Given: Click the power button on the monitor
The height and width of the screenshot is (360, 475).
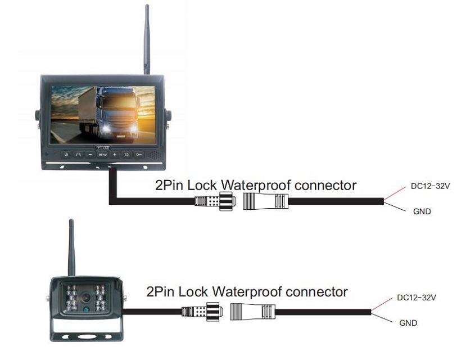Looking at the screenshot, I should [66, 154].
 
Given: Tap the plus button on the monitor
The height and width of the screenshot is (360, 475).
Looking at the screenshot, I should [115, 154].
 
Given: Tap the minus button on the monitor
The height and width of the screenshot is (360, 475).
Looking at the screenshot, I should [90, 154].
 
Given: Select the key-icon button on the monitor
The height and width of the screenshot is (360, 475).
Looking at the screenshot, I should [139, 154].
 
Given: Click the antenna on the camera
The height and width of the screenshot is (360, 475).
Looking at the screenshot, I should [71, 247].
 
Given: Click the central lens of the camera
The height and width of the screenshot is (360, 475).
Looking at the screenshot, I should [87, 297].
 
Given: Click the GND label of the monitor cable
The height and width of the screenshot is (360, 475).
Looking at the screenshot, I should [421, 211].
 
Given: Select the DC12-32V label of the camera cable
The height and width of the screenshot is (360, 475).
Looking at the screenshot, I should [417, 297].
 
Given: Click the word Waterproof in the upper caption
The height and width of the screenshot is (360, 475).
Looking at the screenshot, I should [259, 185].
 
